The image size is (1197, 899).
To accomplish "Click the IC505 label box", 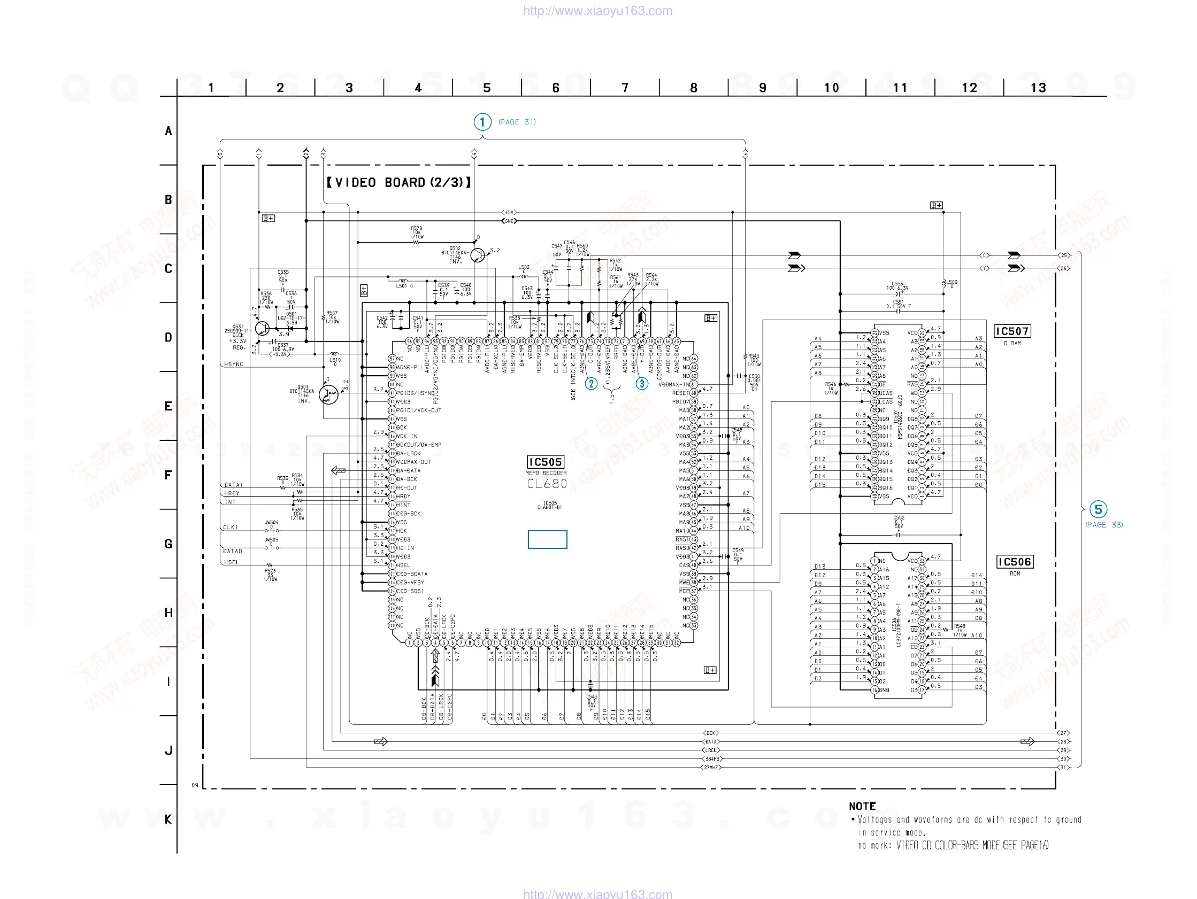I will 546,462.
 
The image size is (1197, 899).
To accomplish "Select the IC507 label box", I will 1012,331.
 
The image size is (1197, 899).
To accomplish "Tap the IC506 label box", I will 1014,561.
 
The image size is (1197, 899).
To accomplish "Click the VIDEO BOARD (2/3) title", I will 399,182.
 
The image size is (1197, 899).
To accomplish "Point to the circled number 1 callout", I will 482,122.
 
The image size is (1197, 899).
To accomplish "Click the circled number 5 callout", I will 1098,509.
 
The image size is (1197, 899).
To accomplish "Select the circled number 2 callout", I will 591,384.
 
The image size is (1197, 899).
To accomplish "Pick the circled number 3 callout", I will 642,384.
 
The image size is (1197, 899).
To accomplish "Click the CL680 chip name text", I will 547,484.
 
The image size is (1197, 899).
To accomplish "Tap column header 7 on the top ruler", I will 625,88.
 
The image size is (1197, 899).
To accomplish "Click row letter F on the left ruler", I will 168,475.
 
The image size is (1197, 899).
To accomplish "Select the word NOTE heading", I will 862,806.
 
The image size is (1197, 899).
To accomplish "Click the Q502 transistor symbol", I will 477,255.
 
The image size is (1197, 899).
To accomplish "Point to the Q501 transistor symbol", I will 328,394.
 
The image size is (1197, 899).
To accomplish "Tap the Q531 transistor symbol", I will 263,328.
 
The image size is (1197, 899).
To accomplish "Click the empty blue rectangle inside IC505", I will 547,539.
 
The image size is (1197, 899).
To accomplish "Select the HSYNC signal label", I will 234,364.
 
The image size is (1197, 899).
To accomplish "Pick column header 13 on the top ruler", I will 1038,88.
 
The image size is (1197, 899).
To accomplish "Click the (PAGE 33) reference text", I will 1104,525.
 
